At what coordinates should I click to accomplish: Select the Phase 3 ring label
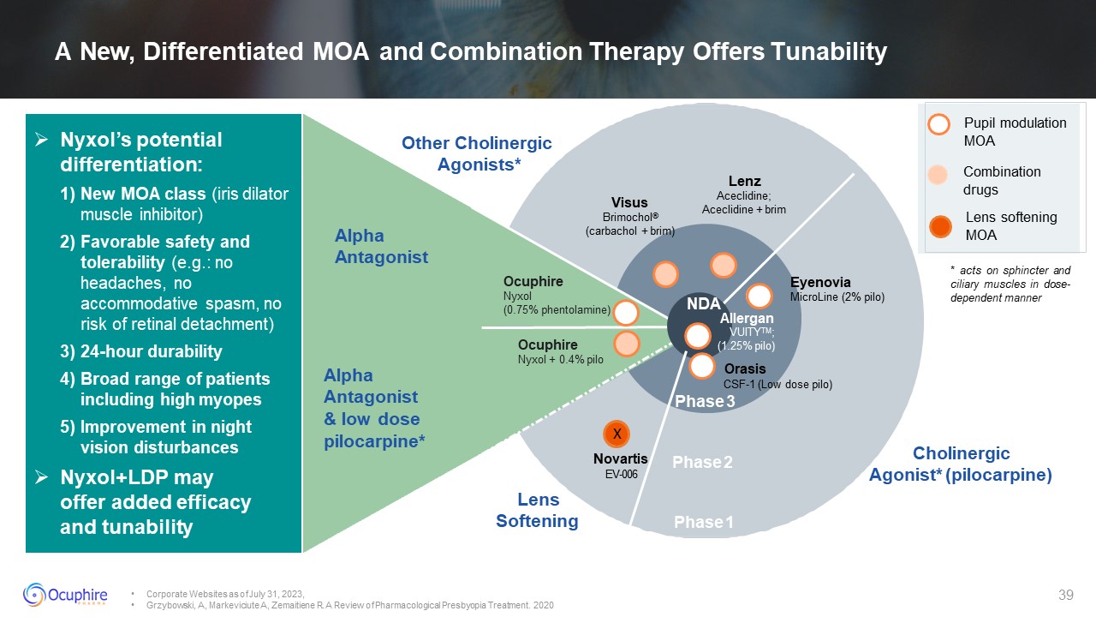[705, 402]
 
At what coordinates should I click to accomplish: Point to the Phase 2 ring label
[702, 463]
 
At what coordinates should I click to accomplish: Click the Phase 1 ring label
[704, 522]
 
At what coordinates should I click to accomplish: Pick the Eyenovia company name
[820, 282]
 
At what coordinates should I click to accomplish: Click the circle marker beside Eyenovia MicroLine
[759, 296]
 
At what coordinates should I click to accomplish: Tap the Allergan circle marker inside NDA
[699, 336]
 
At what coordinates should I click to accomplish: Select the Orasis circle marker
[702, 366]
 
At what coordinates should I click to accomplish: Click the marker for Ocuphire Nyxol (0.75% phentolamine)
[626, 314]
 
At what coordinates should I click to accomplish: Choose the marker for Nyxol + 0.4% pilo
[626, 344]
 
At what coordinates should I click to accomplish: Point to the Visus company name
[629, 203]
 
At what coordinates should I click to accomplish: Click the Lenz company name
[744, 181]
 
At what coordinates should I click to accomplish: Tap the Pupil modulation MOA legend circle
[939, 124]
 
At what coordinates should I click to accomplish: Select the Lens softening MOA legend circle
[941, 226]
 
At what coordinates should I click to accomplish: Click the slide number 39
[1066, 596]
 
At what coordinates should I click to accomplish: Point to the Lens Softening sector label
[538, 510]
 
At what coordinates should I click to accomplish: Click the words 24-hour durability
[151, 351]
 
